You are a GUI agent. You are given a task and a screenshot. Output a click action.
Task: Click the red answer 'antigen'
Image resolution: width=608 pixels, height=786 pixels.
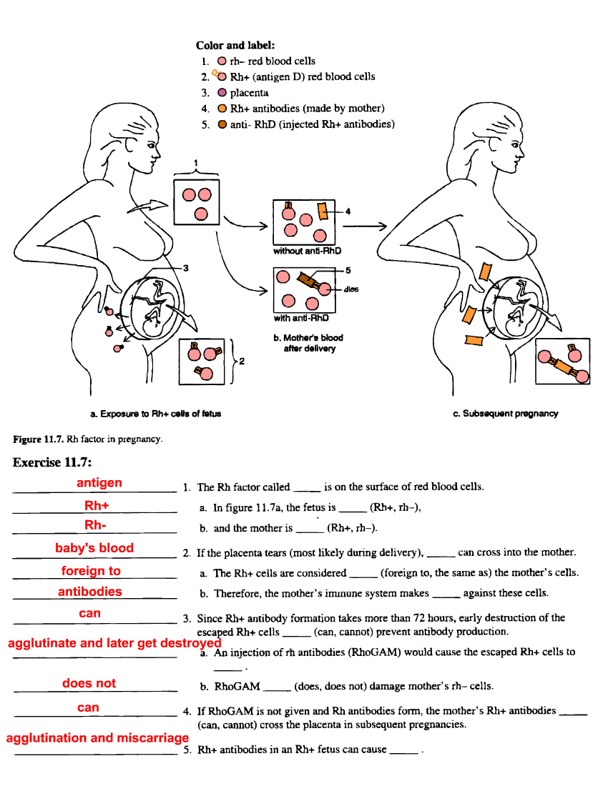coord(99,483)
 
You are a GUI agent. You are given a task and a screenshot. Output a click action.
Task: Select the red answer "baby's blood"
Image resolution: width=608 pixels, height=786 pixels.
coord(94,548)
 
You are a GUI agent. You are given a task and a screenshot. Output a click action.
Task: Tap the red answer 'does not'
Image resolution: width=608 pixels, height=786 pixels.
coord(89,683)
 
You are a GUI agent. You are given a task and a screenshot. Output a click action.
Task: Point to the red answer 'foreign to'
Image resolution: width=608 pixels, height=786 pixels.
coord(91,571)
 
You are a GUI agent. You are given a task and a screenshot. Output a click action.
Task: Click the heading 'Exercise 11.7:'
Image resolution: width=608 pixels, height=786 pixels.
coord(52,462)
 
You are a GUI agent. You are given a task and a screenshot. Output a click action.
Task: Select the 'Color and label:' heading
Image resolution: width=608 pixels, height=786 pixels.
coord(235,45)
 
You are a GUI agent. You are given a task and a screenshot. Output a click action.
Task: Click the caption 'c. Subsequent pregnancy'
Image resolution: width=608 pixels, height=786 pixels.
coord(506,414)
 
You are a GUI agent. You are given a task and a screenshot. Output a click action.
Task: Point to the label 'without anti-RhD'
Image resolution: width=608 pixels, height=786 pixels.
coord(307,251)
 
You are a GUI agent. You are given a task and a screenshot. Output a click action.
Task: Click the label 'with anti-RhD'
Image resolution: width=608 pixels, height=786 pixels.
coord(301,319)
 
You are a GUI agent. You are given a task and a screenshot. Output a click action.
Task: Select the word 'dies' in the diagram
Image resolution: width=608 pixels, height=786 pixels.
coord(350,289)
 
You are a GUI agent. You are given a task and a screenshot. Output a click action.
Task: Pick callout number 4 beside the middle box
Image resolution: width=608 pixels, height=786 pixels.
coord(348,211)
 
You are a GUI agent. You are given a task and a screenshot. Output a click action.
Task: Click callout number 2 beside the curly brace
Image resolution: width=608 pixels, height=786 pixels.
coord(242,362)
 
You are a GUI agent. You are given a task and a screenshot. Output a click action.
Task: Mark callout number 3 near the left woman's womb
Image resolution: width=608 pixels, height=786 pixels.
coord(185,268)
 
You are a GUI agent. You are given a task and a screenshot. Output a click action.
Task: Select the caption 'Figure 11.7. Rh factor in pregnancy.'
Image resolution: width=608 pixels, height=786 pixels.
coord(88,439)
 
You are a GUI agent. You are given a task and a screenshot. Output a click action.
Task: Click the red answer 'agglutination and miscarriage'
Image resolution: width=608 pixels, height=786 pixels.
coord(97,738)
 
